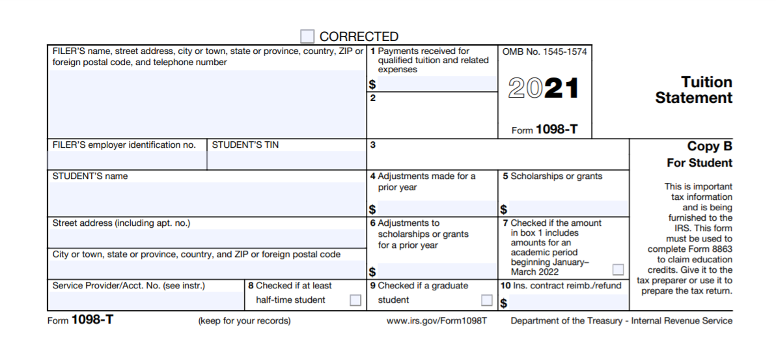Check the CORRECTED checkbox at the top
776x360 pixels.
[307, 36]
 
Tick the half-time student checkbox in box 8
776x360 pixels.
[355, 300]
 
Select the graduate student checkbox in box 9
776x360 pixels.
[486, 300]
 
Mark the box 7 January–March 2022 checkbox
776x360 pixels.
[618, 270]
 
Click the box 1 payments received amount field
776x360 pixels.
[437, 84]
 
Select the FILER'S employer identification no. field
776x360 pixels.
[128, 160]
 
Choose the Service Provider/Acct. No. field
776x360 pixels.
[146, 301]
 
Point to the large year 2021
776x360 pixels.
[543, 89]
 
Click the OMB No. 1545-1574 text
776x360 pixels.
[544, 51]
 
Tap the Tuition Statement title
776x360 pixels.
[694, 90]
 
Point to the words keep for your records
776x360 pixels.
[244, 321]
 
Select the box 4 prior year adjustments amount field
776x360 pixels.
[437, 209]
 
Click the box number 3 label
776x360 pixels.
[373, 145]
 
